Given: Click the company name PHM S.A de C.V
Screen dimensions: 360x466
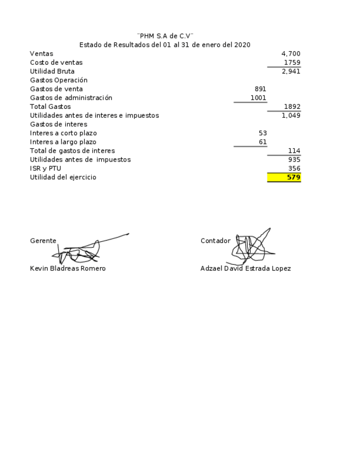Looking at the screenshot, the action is (x=165, y=36).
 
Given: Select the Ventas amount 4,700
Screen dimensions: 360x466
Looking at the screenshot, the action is (x=291, y=54).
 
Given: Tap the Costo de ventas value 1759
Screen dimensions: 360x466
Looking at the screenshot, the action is (x=292, y=63).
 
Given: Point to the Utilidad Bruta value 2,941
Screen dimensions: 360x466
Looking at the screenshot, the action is (x=291, y=71).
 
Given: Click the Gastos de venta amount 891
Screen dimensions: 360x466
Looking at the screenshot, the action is (x=261, y=89).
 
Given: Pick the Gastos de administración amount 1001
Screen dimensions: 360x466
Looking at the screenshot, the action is (x=258, y=98).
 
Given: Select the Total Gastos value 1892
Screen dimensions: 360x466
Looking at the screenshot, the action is (x=292, y=107).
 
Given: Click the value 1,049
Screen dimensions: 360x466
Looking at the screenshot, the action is (x=291, y=115).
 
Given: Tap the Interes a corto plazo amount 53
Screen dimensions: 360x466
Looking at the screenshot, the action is (x=263, y=133).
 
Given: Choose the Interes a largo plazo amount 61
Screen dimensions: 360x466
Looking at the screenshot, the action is (x=263, y=142).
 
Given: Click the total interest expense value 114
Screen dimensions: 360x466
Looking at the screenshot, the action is (x=294, y=151).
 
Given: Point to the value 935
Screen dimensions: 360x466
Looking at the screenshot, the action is (x=294, y=159).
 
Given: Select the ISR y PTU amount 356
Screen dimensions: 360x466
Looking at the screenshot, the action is (x=294, y=168).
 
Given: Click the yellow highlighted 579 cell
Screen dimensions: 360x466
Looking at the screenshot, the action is (x=284, y=177).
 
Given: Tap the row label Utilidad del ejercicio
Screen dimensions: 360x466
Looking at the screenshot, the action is (x=63, y=177).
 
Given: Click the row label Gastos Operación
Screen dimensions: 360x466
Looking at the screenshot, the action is (x=59, y=80).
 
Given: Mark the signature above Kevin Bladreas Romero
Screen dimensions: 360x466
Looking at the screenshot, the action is (x=82, y=250).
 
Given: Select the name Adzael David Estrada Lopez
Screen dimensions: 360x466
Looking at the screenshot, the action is (x=246, y=269).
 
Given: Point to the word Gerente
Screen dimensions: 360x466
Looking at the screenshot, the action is (x=43, y=241).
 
